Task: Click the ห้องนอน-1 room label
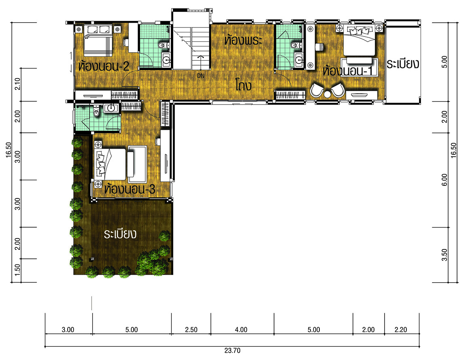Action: point(348,71)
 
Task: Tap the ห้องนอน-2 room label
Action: point(103,66)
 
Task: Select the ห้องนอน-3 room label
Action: point(130,189)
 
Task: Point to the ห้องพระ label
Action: point(243,40)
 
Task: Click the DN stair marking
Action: point(200,76)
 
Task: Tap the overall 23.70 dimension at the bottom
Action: point(232,350)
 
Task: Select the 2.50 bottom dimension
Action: point(191,330)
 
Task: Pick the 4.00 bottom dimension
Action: point(241,330)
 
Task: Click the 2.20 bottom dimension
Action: point(401,330)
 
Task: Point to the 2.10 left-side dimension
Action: point(18,84)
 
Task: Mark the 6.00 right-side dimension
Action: point(444,179)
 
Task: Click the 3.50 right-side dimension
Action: point(444,255)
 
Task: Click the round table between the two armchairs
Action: point(327,94)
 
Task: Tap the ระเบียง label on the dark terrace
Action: point(120,234)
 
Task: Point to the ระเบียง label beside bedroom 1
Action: point(402,64)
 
